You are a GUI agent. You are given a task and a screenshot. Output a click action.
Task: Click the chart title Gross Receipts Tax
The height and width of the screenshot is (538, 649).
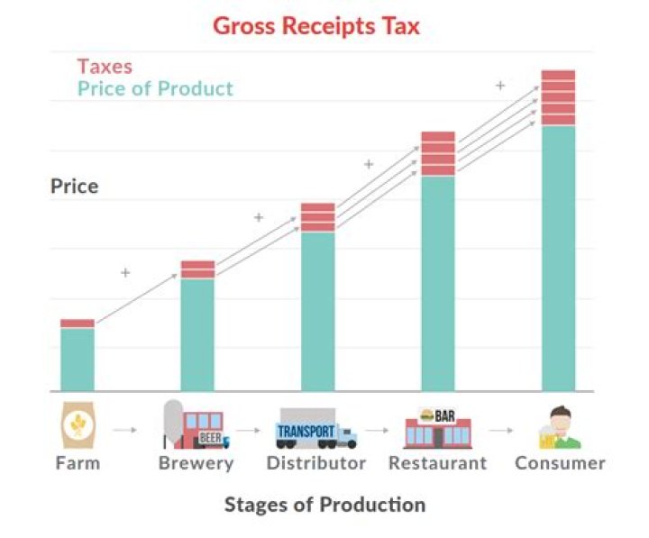pyautogui.click(x=316, y=25)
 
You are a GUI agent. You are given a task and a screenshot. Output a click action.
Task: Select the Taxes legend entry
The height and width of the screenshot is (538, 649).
pyautogui.click(x=105, y=66)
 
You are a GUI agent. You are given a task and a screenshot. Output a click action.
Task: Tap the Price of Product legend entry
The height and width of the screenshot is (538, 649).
pyautogui.click(x=155, y=88)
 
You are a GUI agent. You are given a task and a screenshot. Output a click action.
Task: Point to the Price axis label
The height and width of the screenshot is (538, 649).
pyautogui.click(x=74, y=187)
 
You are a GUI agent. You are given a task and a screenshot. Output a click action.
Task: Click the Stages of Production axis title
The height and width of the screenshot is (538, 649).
pyautogui.click(x=324, y=504)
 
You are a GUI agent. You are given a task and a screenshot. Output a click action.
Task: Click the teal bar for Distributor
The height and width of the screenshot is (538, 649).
pyautogui.click(x=317, y=311)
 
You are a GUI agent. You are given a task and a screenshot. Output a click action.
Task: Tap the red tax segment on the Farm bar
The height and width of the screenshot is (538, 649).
pyautogui.click(x=78, y=323)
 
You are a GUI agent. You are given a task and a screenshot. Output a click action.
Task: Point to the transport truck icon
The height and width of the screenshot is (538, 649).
pyautogui.click(x=316, y=429)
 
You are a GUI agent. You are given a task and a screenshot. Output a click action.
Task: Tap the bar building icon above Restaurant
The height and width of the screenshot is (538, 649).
pyautogui.click(x=437, y=427)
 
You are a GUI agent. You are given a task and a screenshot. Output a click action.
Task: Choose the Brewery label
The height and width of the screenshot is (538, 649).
pyautogui.click(x=196, y=463)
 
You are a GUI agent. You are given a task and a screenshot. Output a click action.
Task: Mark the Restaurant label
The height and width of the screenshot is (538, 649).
pyautogui.click(x=437, y=463)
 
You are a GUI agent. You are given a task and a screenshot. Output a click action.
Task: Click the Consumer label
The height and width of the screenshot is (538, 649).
pyautogui.click(x=560, y=463)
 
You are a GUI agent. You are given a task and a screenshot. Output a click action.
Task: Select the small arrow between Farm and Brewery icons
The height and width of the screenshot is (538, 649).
pyautogui.click(x=125, y=430)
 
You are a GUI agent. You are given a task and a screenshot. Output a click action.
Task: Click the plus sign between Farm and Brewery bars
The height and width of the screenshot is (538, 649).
pyautogui.click(x=125, y=272)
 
